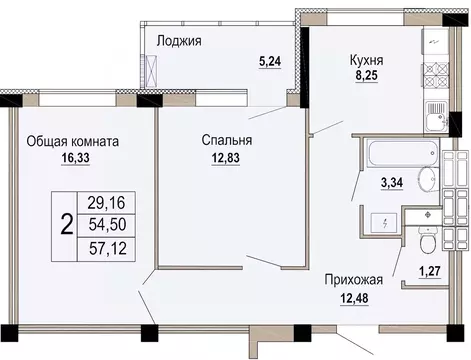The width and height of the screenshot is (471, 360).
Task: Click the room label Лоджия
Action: pos(181,41)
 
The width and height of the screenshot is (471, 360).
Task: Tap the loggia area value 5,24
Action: pos(269,60)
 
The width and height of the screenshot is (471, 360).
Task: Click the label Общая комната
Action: pos(73,142)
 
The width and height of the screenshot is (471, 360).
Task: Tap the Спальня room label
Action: pos(224,141)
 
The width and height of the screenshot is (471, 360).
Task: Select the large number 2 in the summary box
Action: pos(67,224)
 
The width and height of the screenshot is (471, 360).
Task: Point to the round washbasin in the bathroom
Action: pos(426,180)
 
